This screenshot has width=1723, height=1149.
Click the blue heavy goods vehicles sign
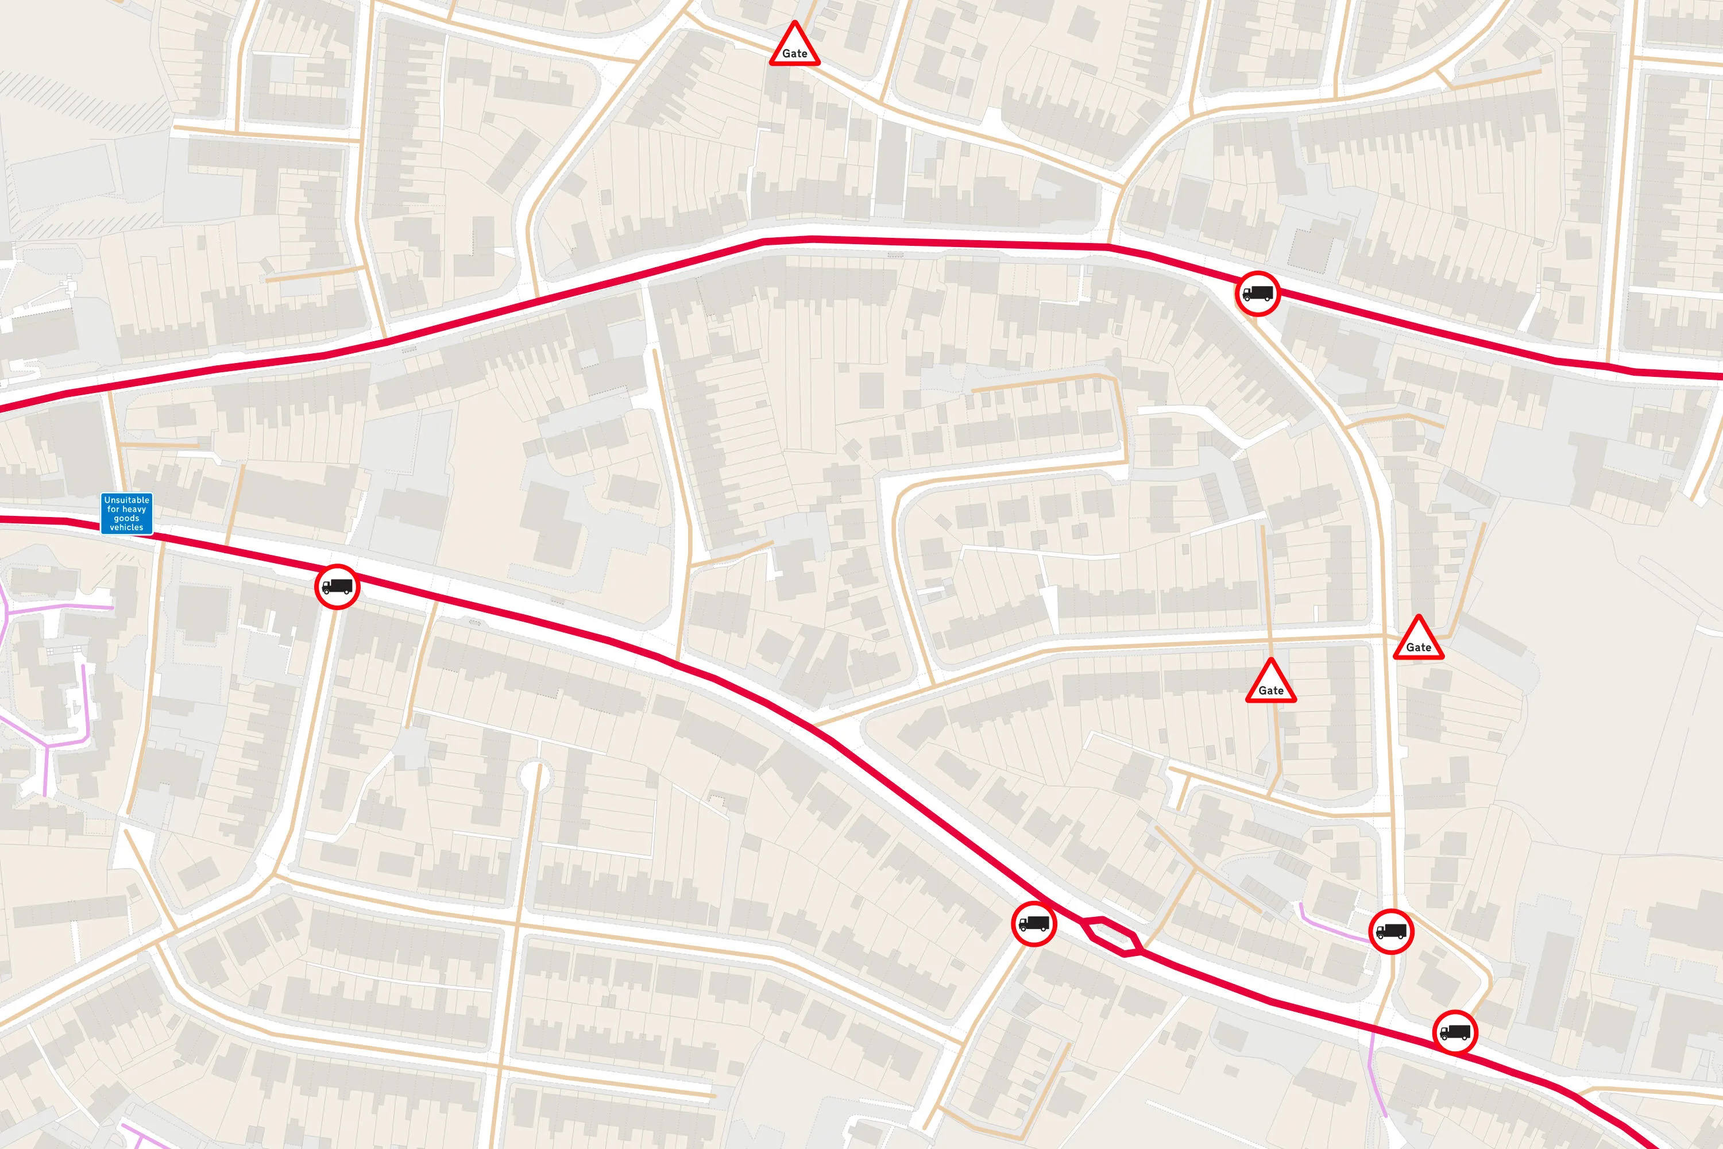click(127, 513)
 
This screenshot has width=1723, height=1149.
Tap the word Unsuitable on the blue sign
click(127, 500)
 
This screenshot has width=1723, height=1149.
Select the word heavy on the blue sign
click(134, 509)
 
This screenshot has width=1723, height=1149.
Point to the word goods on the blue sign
click(127, 518)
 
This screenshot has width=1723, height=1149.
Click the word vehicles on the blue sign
click(127, 527)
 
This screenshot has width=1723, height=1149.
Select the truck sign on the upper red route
click(1258, 293)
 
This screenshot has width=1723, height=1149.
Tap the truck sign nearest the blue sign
click(337, 586)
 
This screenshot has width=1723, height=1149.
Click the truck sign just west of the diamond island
click(1034, 924)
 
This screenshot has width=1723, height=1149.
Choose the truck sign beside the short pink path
click(1390, 931)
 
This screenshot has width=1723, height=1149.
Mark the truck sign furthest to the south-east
click(1454, 1032)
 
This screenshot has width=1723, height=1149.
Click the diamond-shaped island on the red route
click(1111, 936)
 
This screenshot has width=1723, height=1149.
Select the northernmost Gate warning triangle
click(794, 45)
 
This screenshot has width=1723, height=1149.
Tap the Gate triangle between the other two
click(1271, 683)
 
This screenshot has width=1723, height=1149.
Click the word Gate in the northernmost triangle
click(795, 53)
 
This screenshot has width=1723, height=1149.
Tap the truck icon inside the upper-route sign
click(1258, 293)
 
